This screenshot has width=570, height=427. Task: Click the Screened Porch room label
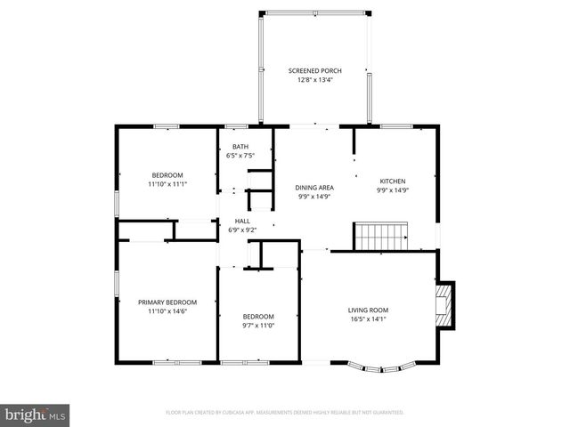pos(314,70)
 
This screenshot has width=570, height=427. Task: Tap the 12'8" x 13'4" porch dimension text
pos(314,80)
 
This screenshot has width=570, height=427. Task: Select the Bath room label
pos(240,147)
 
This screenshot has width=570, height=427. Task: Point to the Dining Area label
pos(314,188)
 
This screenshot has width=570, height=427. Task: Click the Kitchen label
pos(393,180)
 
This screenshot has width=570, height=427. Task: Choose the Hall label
pos(242,221)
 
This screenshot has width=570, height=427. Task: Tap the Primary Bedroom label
pos(167,302)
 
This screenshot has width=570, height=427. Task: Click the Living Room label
pos(368,310)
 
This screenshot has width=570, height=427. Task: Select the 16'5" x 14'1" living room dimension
pos(368,319)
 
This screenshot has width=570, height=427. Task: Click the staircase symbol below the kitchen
pos(381,237)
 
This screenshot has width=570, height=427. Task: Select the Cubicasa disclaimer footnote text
pos(285,413)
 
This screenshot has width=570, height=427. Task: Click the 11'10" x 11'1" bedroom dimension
pos(167,184)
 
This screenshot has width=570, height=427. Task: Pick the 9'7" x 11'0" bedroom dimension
pos(258,326)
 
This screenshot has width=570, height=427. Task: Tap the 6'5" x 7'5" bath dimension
pos(240,156)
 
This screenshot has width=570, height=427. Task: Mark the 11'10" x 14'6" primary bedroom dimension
pos(167,311)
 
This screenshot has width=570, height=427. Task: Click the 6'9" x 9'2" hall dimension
pos(242,230)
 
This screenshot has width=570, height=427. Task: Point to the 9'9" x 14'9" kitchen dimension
pos(393,189)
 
